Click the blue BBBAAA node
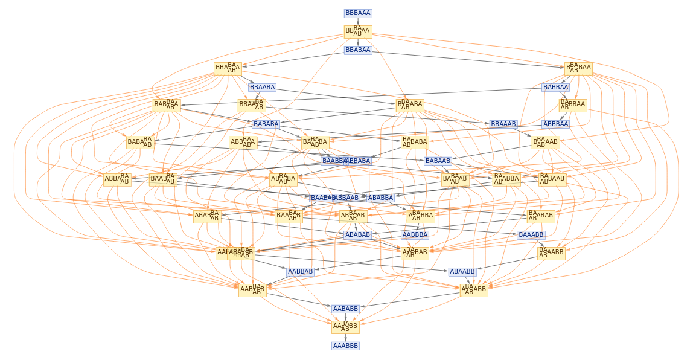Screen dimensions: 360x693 tap(358, 13)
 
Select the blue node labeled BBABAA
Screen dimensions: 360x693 tap(358, 50)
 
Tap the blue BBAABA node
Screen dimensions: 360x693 tap(262, 87)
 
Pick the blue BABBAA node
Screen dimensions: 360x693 tap(555, 87)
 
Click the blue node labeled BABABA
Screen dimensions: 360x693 tap(266, 124)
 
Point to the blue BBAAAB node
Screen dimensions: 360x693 tap(503, 124)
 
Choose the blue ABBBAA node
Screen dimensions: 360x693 tap(555, 124)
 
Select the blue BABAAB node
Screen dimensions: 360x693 tap(438, 161)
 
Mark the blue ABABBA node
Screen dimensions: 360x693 tap(380, 198)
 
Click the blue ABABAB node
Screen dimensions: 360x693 tap(358, 234)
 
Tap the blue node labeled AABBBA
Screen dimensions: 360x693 tap(415, 234)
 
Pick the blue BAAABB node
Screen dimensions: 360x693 tap(531, 234)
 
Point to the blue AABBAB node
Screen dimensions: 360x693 tap(300, 271)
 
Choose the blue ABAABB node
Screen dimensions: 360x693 tap(462, 271)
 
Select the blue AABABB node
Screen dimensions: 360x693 tap(345, 309)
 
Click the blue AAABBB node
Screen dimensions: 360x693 tap(345, 346)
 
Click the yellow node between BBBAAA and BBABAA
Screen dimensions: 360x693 tap(358, 31)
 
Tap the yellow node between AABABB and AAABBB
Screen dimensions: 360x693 tap(345, 327)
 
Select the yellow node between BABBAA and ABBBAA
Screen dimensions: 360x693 tap(572, 106)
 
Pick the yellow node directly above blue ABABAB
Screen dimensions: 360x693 tap(353, 216)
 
